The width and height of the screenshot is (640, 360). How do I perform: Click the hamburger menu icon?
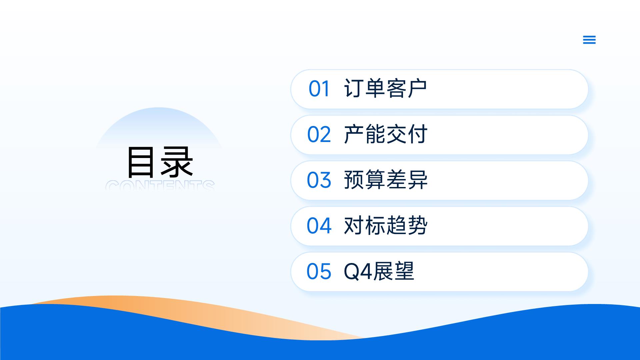pos(589,40)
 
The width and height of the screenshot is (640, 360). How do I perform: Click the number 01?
pos(319,89)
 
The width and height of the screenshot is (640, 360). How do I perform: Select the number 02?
pos(319,135)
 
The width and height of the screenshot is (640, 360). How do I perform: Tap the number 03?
pos(319,180)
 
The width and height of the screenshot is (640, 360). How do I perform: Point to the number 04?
pos(319,226)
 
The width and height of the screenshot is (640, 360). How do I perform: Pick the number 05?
pos(319,271)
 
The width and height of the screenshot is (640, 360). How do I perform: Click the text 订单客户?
pos(385,89)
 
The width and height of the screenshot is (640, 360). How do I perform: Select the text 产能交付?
pos(385,134)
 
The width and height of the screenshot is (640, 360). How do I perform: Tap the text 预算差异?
pos(385,180)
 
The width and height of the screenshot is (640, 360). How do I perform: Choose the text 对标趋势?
pos(385,226)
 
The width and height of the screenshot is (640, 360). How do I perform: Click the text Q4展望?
pos(379,271)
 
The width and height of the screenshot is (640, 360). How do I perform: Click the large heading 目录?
pos(160,162)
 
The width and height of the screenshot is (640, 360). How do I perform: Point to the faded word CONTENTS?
pos(160,185)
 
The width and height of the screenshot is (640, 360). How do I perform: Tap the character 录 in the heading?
pos(177,162)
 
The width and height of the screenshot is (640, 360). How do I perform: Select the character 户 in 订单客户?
pos(417,89)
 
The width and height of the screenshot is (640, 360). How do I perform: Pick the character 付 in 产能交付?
pos(417,134)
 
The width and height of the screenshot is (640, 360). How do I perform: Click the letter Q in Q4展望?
pos(351,272)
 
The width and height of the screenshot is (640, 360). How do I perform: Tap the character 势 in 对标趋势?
pos(417,226)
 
